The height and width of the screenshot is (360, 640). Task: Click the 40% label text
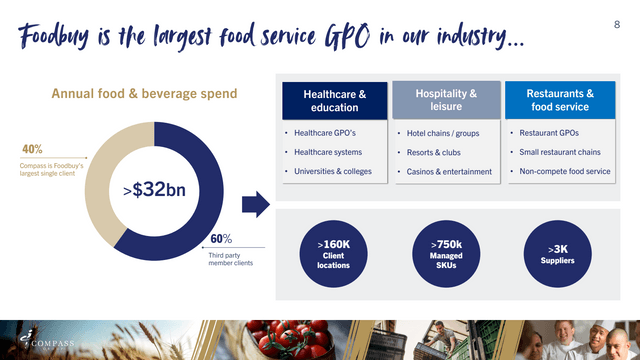click(x=32, y=150)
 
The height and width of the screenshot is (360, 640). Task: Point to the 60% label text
click(x=221, y=238)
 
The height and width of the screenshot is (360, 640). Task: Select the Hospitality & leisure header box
click(x=445, y=101)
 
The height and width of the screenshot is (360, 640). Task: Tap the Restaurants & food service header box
click(x=557, y=101)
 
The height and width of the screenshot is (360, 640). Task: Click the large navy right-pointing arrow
click(x=256, y=206)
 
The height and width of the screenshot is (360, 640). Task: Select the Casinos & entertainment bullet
click(x=449, y=171)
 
